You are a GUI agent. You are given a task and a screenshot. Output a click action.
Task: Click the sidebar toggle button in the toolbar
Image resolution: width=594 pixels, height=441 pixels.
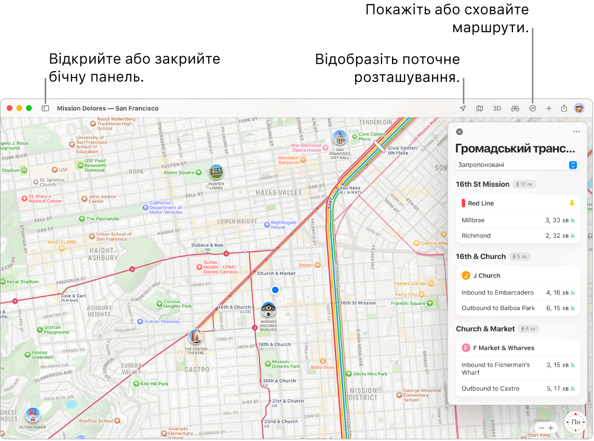point(45,109)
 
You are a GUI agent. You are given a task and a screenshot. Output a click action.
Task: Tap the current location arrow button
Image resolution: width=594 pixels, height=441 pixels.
point(463,109)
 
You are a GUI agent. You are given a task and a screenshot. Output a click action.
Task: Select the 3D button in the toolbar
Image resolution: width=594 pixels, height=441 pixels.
point(497,109)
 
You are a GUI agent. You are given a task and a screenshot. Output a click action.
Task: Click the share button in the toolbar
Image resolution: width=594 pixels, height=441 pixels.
point(564,109)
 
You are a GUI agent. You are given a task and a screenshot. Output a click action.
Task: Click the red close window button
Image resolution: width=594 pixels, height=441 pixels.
point(9,109)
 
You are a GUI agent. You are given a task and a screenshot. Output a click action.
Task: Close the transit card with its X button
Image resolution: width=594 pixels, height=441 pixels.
point(459,132)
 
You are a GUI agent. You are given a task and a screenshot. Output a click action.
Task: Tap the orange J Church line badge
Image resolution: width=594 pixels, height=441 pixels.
point(466,276)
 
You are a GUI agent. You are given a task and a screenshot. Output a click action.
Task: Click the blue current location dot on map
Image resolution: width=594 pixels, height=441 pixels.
point(275,290)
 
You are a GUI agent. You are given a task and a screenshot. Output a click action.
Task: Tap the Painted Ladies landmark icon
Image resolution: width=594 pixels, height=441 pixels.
point(216,172)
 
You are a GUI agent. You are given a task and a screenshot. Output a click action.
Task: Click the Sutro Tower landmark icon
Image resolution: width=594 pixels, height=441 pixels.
point(33,414)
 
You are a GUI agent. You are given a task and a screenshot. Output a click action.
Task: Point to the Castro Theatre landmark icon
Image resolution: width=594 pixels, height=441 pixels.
point(196,337)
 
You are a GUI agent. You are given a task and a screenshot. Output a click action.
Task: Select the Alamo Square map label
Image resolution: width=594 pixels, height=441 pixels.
point(179,172)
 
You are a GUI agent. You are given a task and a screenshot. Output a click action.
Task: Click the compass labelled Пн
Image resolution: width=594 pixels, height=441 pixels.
point(575,422)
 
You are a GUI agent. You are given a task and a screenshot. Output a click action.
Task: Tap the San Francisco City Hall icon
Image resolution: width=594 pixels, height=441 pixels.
point(340,138)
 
